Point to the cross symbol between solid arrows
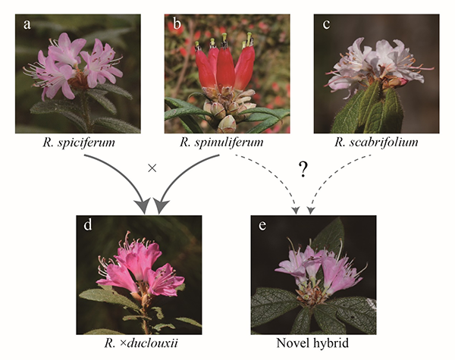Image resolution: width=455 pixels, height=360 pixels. [152, 168]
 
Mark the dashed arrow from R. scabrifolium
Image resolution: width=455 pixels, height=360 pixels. [341, 182]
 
